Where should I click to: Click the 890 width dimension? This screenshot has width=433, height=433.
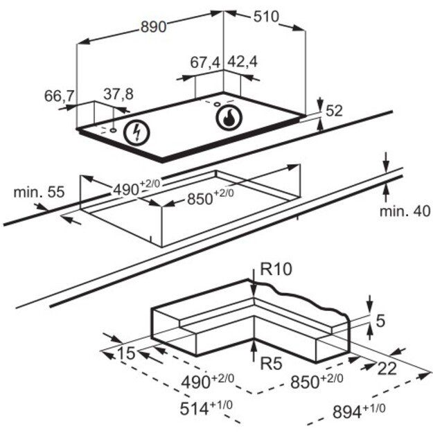point(154,27)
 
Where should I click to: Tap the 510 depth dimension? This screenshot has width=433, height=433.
point(266,17)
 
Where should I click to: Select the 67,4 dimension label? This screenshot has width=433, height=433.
point(205,62)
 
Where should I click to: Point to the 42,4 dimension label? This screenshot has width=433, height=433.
point(242,62)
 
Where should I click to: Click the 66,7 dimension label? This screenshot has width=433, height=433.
point(60,96)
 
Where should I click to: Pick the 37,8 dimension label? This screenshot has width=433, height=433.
point(118,94)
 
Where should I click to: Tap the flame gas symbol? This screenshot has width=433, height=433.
point(229,118)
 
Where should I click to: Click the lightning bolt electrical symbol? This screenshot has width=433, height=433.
point(136,133)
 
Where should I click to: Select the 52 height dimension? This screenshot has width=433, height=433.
point(334,111)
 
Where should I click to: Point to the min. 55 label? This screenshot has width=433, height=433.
point(39,192)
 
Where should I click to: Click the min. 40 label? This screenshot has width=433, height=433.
point(405,211)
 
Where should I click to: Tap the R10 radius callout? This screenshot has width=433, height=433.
point(276,269)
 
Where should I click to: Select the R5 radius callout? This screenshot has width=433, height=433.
point(272,364)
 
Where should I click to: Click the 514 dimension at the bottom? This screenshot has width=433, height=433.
point(206,408)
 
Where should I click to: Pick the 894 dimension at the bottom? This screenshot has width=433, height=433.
point(359,411)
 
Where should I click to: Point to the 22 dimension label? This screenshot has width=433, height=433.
point(387,369)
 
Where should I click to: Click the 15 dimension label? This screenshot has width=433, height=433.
point(127,353)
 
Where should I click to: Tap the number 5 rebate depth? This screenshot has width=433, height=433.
point(380,321)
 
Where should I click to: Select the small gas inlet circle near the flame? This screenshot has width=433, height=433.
point(218,104)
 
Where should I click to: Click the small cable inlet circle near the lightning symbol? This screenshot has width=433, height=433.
point(113,130)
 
